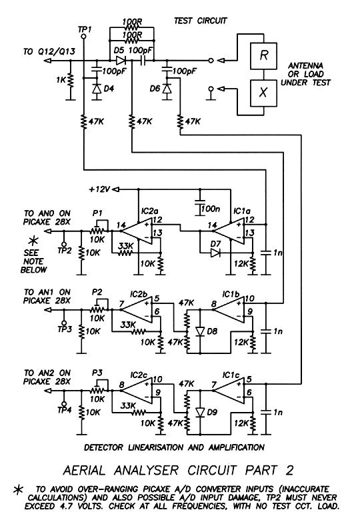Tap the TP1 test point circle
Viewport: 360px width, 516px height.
[x=83, y=36]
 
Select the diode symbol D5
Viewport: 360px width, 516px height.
[x=120, y=61]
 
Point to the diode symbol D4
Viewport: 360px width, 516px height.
[x=97, y=89]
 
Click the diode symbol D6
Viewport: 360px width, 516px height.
[x=167, y=89]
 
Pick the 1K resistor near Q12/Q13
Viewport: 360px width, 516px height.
[x=70, y=80]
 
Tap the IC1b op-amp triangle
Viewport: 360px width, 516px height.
[x=231, y=309]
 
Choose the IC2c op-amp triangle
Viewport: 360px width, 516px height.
[x=138, y=391]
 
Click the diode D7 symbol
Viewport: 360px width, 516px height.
[x=215, y=253]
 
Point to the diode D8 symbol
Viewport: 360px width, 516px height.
[x=200, y=331]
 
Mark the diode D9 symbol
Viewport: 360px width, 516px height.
[x=200, y=412]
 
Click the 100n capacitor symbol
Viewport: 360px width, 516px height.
[x=200, y=207]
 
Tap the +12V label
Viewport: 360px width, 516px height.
[x=99, y=189]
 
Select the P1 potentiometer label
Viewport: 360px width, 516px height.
[x=97, y=213]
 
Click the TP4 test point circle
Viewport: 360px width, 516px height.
[x=64, y=404]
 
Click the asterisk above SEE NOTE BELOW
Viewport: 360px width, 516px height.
[x=33, y=241]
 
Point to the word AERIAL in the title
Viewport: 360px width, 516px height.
[x=84, y=470]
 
